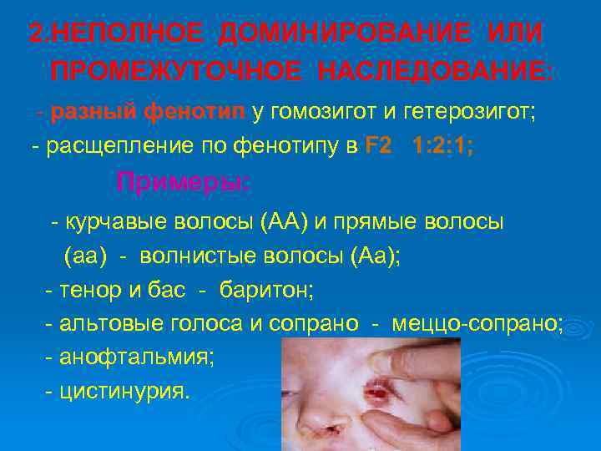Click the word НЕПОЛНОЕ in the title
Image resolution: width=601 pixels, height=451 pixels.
pyautogui.click(x=126, y=34)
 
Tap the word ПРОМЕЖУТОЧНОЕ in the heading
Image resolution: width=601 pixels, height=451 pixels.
pyautogui.click(x=172, y=72)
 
